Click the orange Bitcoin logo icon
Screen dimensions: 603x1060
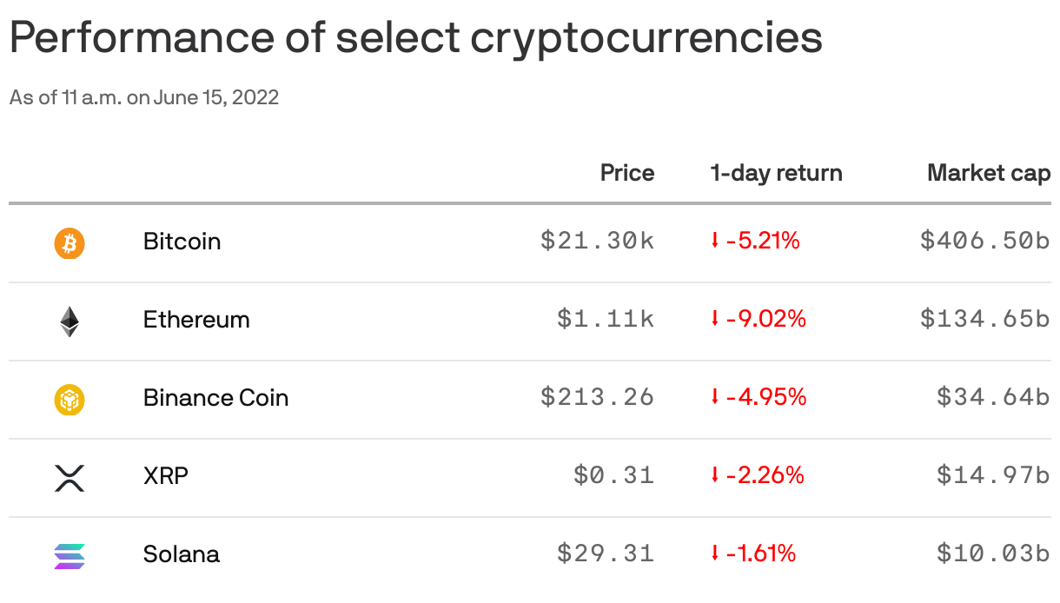(70, 242)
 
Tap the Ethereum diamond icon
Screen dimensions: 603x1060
(70, 321)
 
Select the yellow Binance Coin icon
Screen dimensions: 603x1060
(70, 399)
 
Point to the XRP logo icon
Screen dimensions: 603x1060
(70, 477)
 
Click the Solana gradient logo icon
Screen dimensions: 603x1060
(70, 555)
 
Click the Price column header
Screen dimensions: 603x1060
(626, 173)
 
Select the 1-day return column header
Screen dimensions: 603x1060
(776, 173)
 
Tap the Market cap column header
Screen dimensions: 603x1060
(988, 173)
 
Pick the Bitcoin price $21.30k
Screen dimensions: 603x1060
(597, 241)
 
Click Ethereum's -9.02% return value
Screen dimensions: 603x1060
(765, 319)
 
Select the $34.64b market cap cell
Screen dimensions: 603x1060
(993, 397)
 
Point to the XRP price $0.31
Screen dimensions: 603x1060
(613, 475)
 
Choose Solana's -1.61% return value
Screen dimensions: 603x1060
(760, 553)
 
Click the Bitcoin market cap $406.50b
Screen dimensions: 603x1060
(984, 241)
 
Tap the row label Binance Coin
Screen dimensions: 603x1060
(215, 398)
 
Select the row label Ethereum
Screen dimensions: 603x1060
(196, 320)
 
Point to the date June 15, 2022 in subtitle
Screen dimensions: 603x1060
(216, 97)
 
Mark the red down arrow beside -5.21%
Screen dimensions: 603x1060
(715, 241)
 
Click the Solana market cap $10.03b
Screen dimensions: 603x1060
(993, 553)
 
